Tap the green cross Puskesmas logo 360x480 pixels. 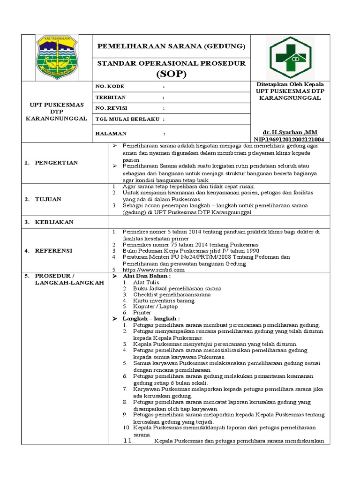(x=290, y=57)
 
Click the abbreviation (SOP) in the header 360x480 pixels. (x=171, y=74)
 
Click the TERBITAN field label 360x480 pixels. (x=111, y=97)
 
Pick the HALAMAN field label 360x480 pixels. (x=112, y=133)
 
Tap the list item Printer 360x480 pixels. (x=142, y=312)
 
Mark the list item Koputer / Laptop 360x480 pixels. (x=155, y=306)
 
